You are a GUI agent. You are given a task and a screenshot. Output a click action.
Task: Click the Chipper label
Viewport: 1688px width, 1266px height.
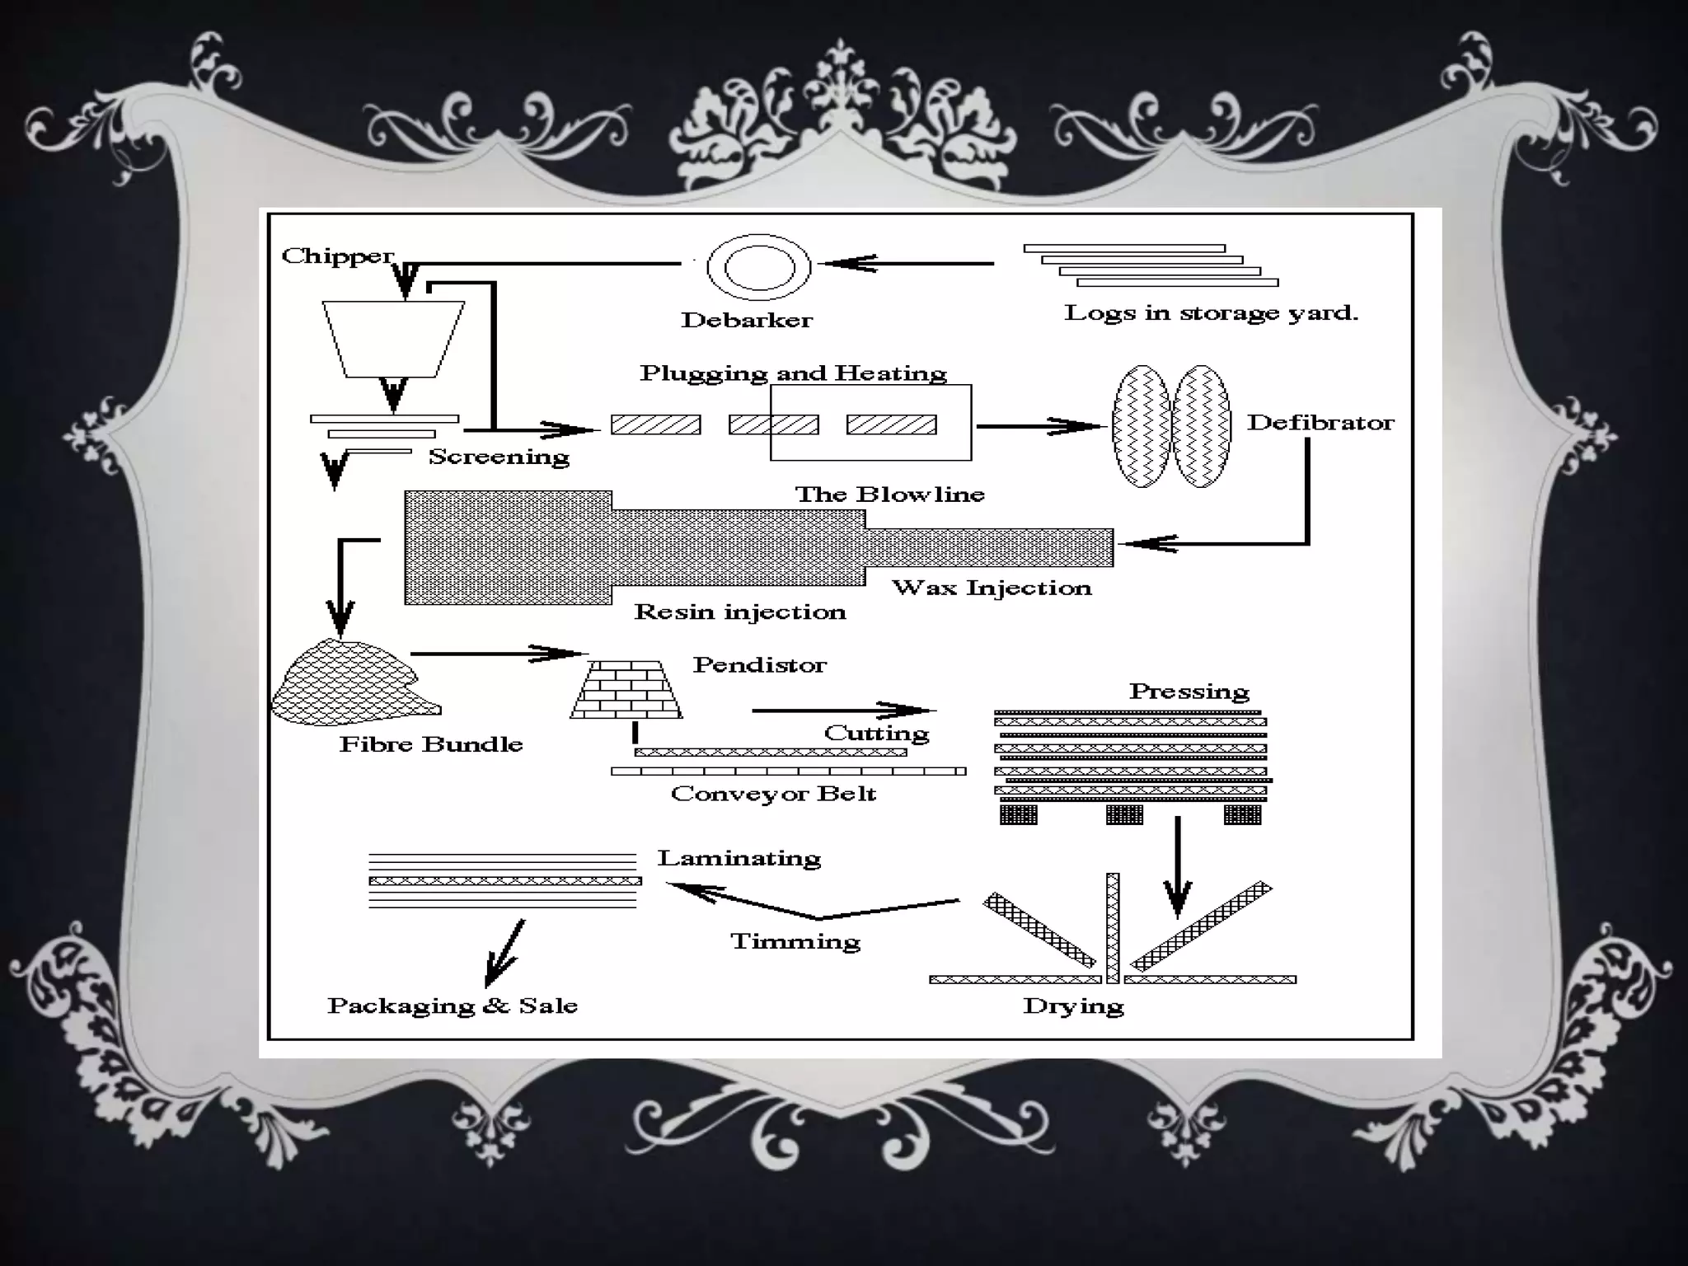(337, 256)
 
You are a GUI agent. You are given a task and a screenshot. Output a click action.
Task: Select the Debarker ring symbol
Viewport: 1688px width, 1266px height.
(758, 266)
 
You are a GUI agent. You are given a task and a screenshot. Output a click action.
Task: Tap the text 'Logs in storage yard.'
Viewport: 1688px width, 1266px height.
(1211, 313)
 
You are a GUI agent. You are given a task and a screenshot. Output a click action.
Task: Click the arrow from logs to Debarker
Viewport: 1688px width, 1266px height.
(907, 264)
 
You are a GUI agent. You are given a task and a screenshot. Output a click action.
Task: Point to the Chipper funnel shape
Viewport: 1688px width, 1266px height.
(393, 338)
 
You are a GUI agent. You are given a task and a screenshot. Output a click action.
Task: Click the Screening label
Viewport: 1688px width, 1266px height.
(499, 457)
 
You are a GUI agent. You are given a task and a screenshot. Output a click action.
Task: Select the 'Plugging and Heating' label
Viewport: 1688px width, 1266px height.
(793, 373)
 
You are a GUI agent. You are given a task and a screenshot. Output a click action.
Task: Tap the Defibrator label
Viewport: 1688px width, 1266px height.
(1320, 423)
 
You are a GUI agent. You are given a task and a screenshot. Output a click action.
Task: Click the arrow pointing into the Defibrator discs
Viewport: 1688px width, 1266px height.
(1039, 426)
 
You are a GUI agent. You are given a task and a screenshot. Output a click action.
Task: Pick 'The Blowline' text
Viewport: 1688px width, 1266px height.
(889, 495)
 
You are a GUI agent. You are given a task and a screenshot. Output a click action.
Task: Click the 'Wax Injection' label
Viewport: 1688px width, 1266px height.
(992, 588)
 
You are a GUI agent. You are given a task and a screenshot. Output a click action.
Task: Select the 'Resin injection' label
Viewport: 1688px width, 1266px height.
(739, 612)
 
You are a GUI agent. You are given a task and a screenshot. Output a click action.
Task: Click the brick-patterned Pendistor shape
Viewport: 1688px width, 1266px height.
(626, 689)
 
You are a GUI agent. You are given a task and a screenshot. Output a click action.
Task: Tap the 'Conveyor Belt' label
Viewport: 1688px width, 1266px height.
(773, 794)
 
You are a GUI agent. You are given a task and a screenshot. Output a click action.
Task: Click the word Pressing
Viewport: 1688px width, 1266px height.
(1189, 692)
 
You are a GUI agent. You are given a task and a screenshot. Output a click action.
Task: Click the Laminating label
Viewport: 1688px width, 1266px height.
(739, 858)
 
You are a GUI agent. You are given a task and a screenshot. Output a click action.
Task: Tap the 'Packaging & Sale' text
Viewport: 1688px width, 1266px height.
(452, 1006)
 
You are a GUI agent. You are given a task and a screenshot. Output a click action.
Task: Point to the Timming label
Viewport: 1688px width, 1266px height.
(795, 941)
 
